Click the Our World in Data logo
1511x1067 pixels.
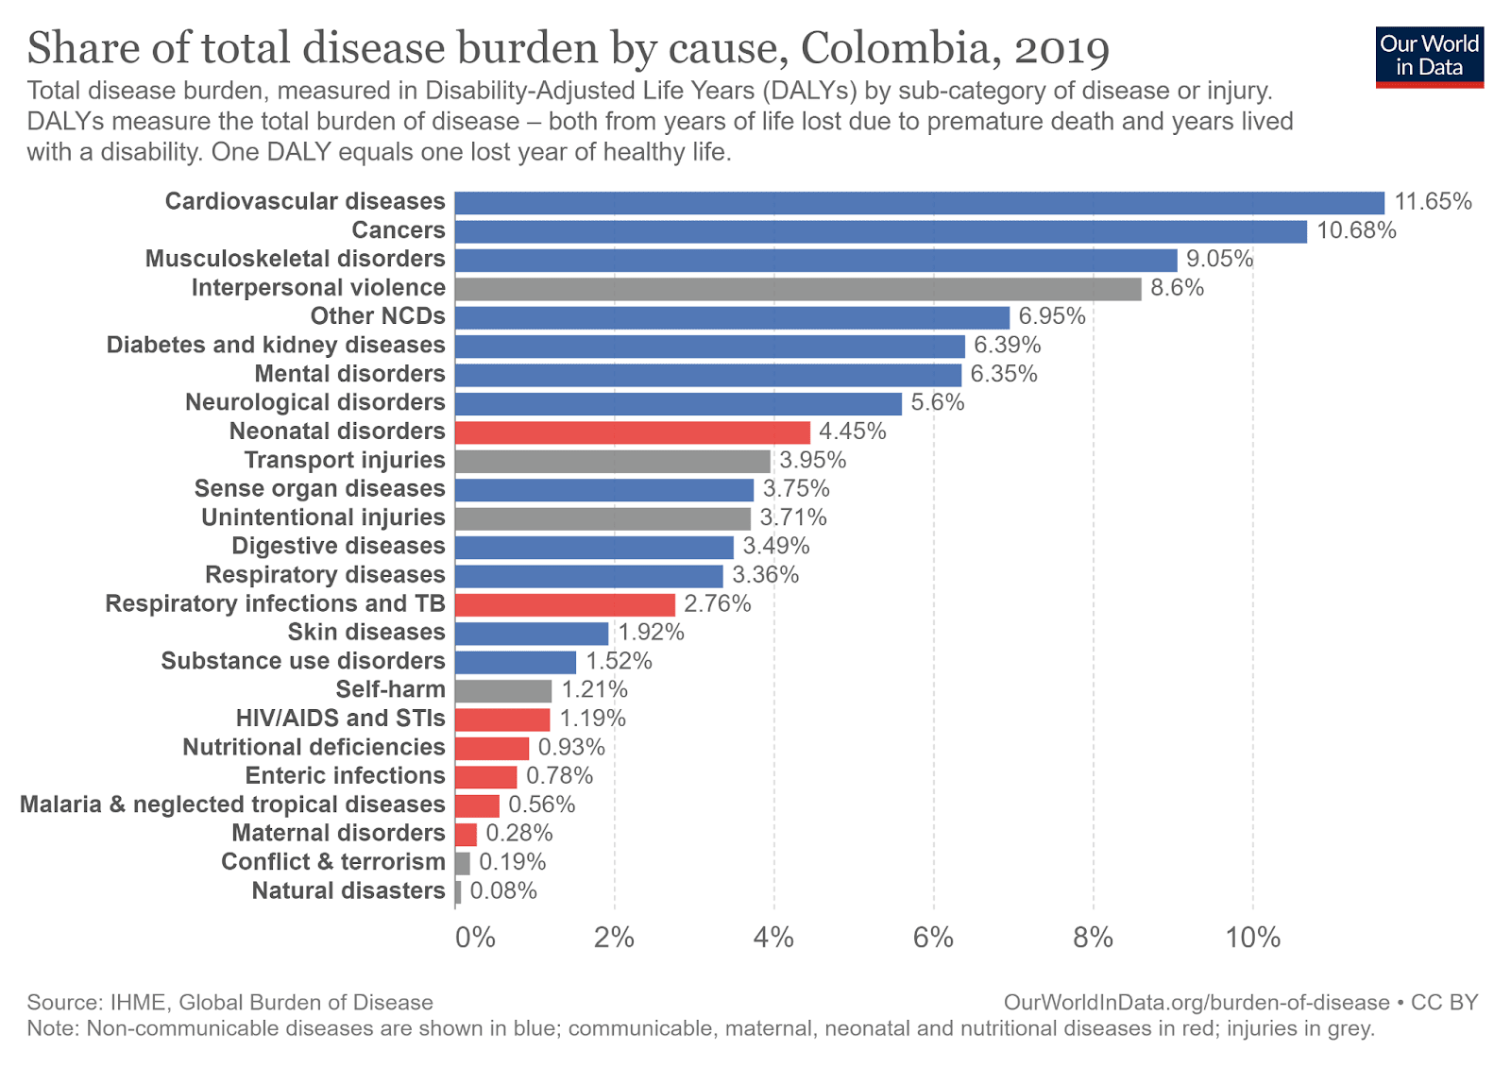[x=1429, y=57]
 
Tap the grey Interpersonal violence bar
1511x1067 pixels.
[x=797, y=289]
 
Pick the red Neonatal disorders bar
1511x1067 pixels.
[x=632, y=432]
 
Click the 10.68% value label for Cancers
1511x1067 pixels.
[x=1356, y=231]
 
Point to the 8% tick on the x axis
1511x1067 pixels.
[x=1093, y=938]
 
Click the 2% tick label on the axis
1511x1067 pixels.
[x=614, y=938]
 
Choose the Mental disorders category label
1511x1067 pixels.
[x=349, y=374]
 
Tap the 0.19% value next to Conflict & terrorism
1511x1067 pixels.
[x=512, y=862]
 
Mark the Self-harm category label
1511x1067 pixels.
[x=390, y=690]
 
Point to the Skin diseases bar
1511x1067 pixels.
[x=531, y=634]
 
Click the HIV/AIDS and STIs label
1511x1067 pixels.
[x=340, y=719]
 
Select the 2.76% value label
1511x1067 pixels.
[x=718, y=604]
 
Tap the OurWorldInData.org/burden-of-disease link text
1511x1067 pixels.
[x=1197, y=1003]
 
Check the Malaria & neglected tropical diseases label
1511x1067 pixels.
[x=232, y=804]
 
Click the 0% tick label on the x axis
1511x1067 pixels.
[x=475, y=938]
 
